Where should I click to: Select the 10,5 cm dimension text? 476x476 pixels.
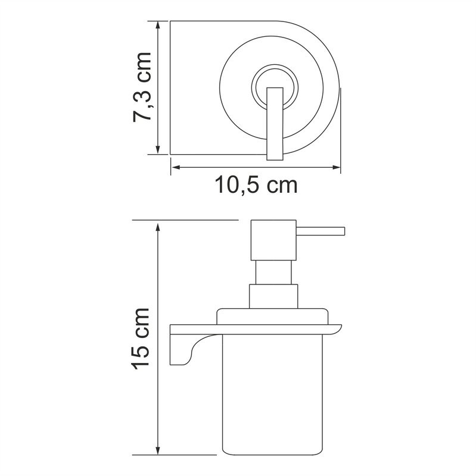(x=256, y=186)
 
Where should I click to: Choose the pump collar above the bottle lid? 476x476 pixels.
(x=273, y=296)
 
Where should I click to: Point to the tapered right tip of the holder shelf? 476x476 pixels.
(x=337, y=328)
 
